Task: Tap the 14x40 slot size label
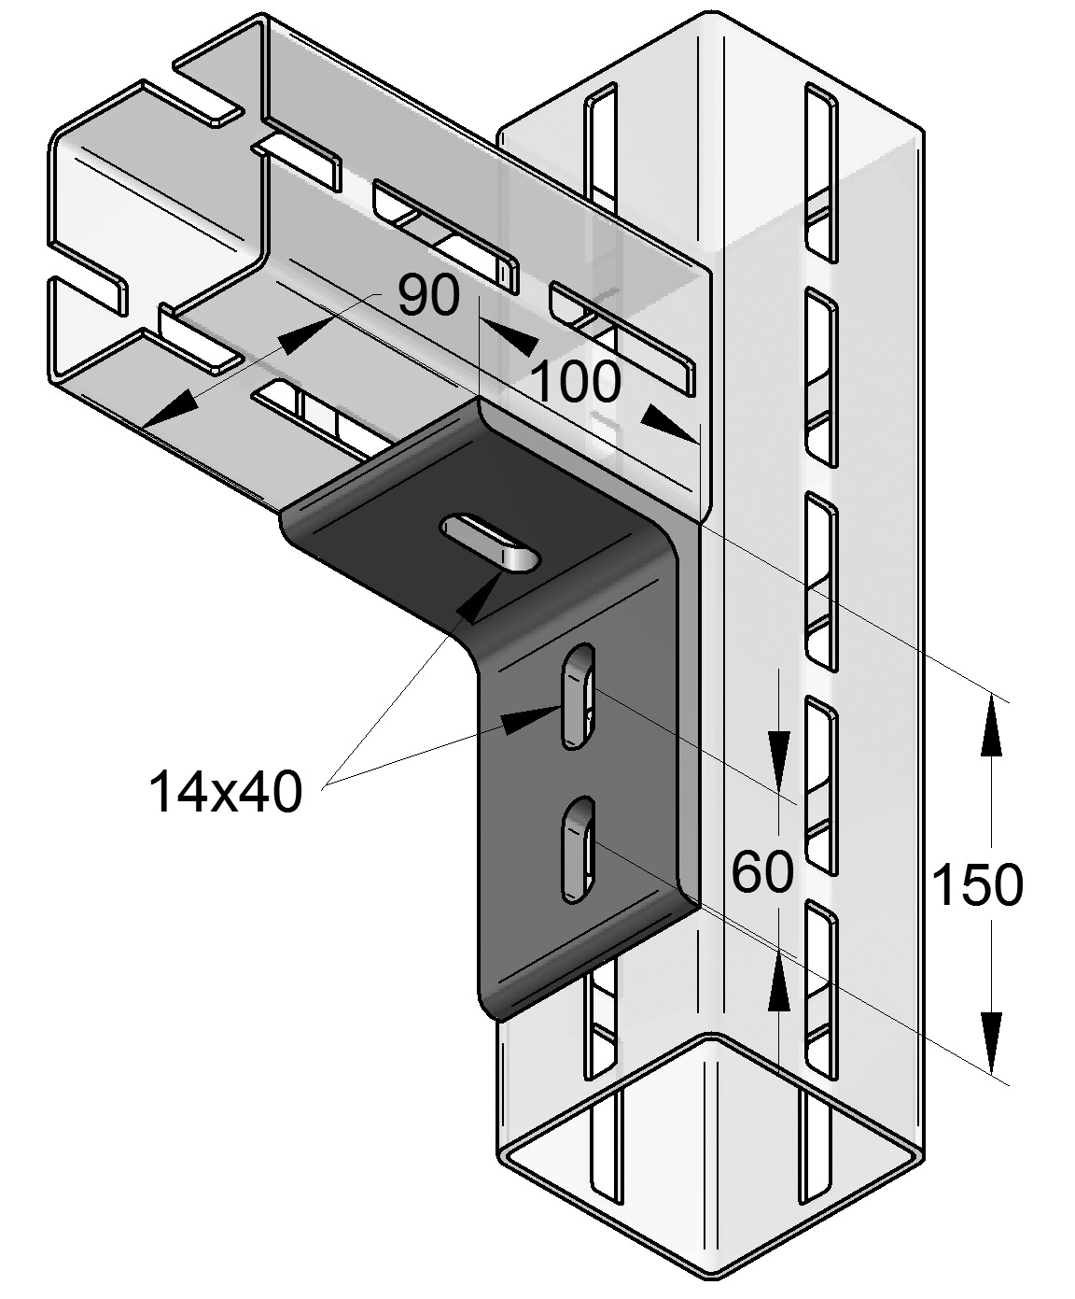(x=226, y=791)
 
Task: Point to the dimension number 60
(x=762, y=872)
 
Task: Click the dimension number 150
(x=977, y=884)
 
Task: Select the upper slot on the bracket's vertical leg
(x=578, y=697)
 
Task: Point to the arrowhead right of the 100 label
(x=669, y=423)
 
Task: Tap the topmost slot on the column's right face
(x=819, y=172)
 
